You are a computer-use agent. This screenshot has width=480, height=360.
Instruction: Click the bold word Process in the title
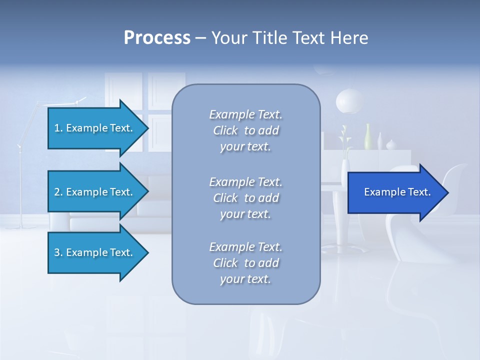(x=157, y=38)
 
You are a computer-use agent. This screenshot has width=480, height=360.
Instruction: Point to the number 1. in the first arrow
(x=58, y=128)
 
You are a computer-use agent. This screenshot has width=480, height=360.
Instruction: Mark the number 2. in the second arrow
(x=58, y=192)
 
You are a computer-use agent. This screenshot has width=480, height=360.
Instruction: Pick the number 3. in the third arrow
(x=58, y=252)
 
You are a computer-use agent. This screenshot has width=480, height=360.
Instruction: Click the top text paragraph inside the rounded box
(x=245, y=130)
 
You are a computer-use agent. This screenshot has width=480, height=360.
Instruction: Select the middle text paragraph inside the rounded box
(x=245, y=197)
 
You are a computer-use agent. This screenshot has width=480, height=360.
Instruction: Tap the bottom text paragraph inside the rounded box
(x=245, y=263)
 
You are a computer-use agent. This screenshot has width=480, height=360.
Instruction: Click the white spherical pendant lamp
(x=349, y=100)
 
